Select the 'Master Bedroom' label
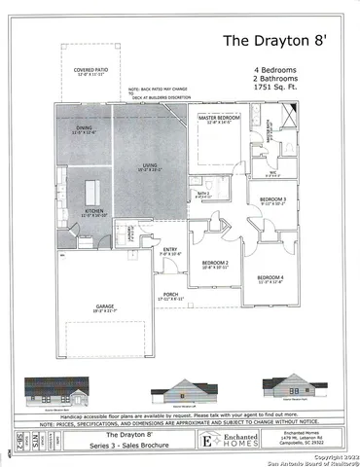coord(219,118)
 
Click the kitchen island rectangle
coord(94,187)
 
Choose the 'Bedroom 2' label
coord(215,263)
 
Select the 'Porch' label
coord(170,296)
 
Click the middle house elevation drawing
coord(180,393)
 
